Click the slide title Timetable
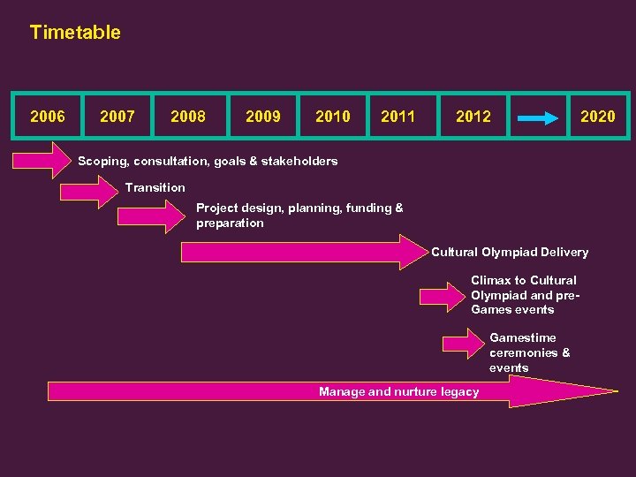tap(75, 33)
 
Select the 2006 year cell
tap(47, 116)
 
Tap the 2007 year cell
tap(117, 116)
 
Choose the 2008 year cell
tap(188, 116)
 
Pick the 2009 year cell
tap(262, 116)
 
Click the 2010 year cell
tap(332, 116)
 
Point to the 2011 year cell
tap(398, 116)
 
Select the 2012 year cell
tap(473, 116)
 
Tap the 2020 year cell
tap(597, 116)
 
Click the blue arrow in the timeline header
tap(538, 116)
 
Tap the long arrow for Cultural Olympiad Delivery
tap(300, 252)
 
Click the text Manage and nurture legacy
tap(398, 391)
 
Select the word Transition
tap(155, 187)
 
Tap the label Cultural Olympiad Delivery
tap(510, 253)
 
